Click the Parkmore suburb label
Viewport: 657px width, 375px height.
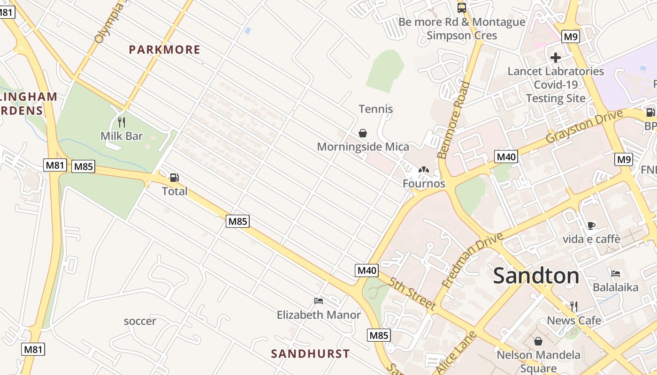[165, 50]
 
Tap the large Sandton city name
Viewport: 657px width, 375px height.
[536, 276]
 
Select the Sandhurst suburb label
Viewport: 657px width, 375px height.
[310, 354]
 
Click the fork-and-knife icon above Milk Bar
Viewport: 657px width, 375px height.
[122, 122]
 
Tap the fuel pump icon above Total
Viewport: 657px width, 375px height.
[174, 178]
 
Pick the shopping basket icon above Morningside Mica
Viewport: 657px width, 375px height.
[363, 133]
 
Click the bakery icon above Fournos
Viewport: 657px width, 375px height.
[424, 170]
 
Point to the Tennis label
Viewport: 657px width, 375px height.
[376, 109]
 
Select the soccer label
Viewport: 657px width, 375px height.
[140, 322]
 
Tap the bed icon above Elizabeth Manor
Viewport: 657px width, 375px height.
[319, 301]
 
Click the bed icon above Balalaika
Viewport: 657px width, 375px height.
[616, 274]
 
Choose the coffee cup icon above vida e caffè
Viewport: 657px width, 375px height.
[591, 225]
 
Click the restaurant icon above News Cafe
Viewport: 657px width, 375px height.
[574, 307]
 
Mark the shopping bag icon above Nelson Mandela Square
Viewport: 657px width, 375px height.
[538, 341]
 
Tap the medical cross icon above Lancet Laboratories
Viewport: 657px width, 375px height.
[556, 58]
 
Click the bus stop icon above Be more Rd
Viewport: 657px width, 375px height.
[462, 8]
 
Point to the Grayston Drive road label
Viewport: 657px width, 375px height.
[584, 126]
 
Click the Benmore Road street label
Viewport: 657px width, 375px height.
[453, 120]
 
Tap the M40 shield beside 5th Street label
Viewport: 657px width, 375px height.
[367, 270]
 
